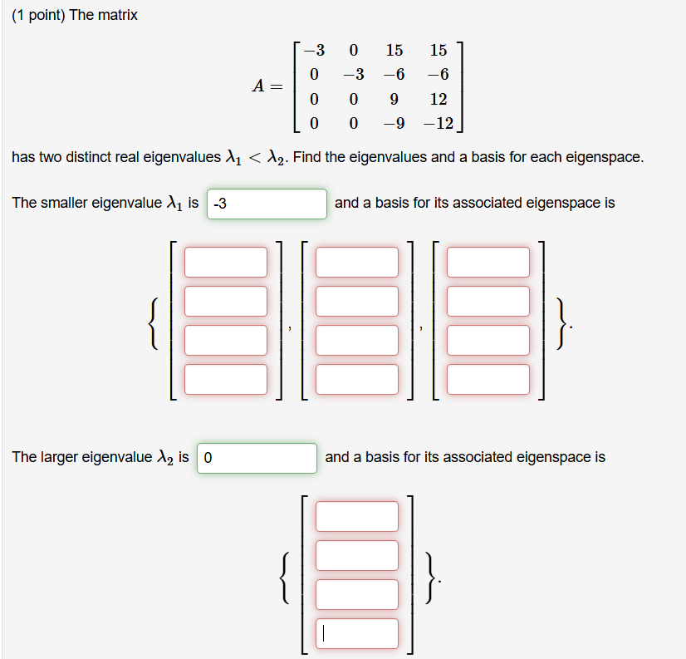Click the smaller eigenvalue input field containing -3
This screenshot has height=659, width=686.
click(267, 204)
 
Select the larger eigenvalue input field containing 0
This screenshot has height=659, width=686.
click(257, 458)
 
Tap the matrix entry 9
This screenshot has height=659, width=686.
click(394, 99)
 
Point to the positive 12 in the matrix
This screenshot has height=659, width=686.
click(439, 99)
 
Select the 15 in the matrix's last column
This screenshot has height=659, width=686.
click(439, 50)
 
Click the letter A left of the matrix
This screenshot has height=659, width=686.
click(259, 86)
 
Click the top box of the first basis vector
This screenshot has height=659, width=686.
click(226, 262)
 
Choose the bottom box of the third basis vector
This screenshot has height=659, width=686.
click(488, 379)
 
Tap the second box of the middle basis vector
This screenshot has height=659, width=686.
click(357, 301)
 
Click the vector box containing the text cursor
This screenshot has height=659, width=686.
click(357, 633)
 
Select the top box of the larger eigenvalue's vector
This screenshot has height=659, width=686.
click(357, 516)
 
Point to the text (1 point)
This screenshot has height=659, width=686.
click(38, 16)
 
